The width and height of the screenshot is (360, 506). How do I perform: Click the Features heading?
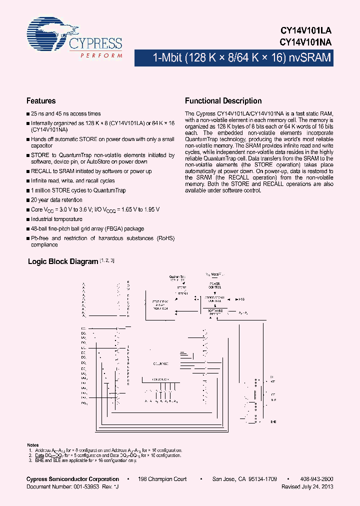(x=41, y=100)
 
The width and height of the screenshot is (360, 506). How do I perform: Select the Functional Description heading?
(x=223, y=100)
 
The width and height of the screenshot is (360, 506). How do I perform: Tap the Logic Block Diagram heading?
(x=63, y=261)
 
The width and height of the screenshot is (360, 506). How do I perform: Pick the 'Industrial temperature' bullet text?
(x=56, y=219)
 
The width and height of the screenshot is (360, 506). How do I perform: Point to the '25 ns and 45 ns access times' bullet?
(x=65, y=113)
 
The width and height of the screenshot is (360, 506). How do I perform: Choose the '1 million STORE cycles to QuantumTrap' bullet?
(x=78, y=190)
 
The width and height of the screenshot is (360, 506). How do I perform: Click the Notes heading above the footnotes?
(x=32, y=445)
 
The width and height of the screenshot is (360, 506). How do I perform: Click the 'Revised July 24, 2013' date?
(x=307, y=486)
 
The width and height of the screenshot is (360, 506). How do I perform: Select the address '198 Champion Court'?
(x=162, y=478)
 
